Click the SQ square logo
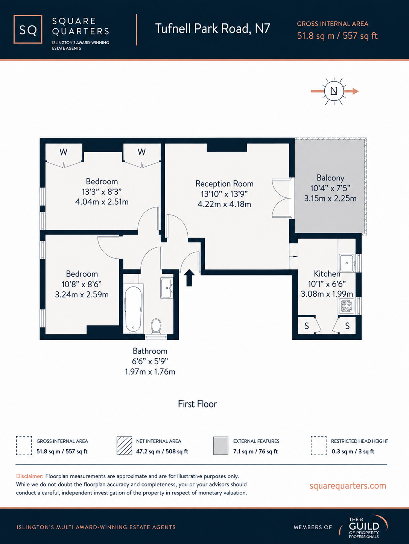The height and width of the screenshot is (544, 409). click(x=28, y=29)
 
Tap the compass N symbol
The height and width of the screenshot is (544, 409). click(x=334, y=91)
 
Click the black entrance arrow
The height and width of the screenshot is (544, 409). click(x=189, y=278)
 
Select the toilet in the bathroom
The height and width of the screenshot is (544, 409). click(x=156, y=326)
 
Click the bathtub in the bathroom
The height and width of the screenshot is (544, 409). click(x=133, y=309)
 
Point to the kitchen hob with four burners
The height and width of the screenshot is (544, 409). click(x=347, y=306)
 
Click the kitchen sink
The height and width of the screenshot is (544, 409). click(x=347, y=263)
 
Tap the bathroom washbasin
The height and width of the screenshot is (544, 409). click(x=167, y=288)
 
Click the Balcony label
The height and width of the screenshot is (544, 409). click(x=330, y=178)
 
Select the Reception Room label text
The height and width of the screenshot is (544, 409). click(x=224, y=183)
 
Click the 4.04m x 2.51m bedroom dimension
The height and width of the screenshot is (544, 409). click(x=102, y=202)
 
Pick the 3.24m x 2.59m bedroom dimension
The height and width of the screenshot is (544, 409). click(x=82, y=294)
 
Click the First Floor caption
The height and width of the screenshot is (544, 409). click(x=198, y=404)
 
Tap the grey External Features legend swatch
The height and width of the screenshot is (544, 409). click(x=220, y=446)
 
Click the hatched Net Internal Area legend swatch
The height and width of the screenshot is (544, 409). click(x=124, y=446)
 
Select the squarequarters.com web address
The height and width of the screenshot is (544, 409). click(x=348, y=485)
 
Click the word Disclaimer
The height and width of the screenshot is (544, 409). click(x=30, y=476)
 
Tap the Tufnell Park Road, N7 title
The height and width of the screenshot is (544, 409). click(x=213, y=28)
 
